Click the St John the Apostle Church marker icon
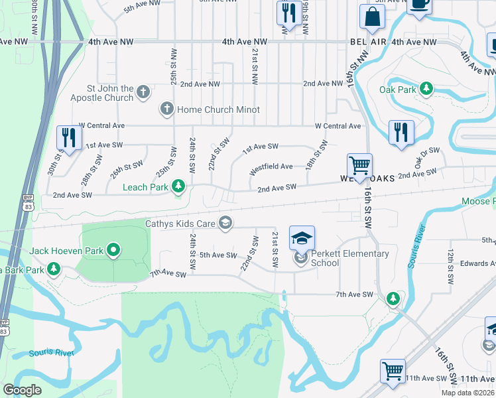coord(144,93)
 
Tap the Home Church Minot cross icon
coord(166,109)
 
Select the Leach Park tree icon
coord(178,187)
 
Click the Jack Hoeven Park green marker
coord(113,251)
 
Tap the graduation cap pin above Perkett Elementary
coord(302,238)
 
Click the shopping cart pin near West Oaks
coord(359,166)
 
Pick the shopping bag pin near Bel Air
coord(373,18)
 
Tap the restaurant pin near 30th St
coord(69,137)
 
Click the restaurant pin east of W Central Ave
coord(401,131)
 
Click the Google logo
coord(22,389)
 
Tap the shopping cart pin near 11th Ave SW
coord(393,371)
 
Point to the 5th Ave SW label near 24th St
coord(218,255)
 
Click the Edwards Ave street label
coord(479,263)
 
